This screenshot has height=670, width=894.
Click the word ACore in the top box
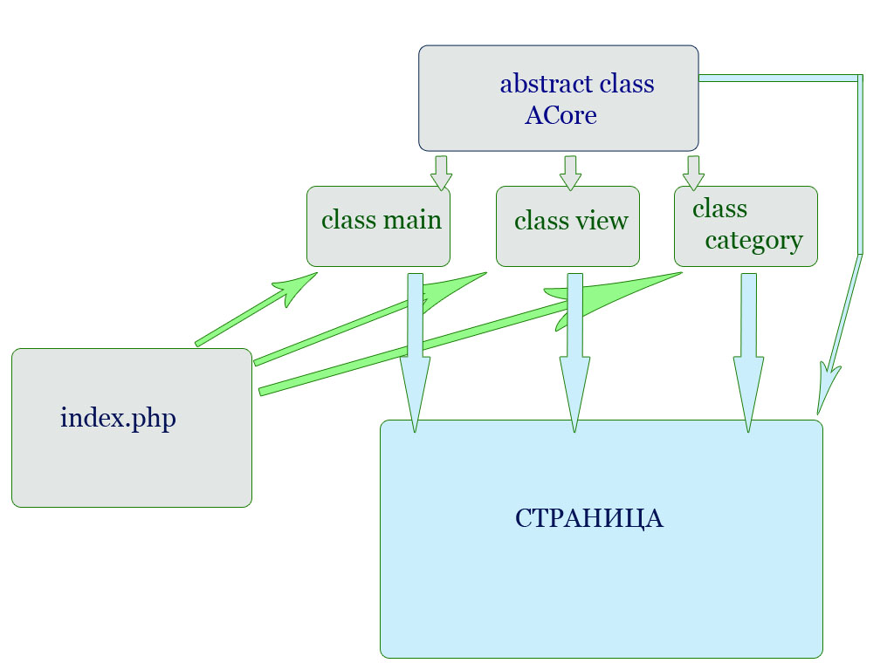[x=560, y=116]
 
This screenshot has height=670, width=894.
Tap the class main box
[x=379, y=226]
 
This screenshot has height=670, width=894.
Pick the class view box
[x=567, y=226]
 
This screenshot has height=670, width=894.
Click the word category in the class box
[x=753, y=241]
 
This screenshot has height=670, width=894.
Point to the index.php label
[x=118, y=418]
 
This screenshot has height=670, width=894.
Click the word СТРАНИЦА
[x=589, y=518]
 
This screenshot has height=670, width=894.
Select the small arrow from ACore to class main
[x=441, y=173]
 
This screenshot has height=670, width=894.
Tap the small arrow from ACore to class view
[x=570, y=173]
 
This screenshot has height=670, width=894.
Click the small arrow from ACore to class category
[x=693, y=173]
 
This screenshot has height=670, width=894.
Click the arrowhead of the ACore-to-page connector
[x=828, y=387]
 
